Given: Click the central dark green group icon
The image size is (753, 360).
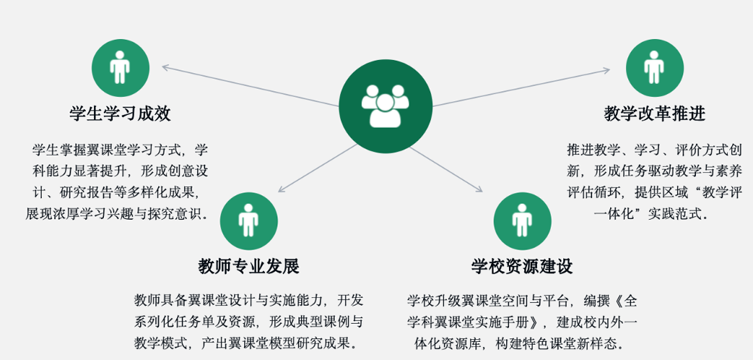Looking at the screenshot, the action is pos(386,106).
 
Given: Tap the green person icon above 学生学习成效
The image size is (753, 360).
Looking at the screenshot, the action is pos(120,69).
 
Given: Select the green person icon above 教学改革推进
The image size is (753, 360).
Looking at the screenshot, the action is pos(654,69).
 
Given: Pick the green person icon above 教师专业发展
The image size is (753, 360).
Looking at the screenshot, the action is pos(248,221).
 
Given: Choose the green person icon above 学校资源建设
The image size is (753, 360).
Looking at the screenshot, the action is pos(523,221).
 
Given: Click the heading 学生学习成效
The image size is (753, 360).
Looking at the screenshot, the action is pos(120,114).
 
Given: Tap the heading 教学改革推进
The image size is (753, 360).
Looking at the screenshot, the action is pos(654,114).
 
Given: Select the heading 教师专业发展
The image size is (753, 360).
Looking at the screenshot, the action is pos(248,267).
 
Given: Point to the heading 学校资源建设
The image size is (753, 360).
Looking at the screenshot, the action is pos(523,267).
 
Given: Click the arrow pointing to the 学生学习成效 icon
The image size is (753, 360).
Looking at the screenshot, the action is pos(251,85).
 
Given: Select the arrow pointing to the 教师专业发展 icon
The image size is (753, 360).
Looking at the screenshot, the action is pos(318,168).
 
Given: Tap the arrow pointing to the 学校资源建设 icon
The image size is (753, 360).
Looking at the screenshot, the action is pos(446,169).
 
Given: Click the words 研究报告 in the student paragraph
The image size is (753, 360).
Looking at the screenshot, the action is pos(81,193).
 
